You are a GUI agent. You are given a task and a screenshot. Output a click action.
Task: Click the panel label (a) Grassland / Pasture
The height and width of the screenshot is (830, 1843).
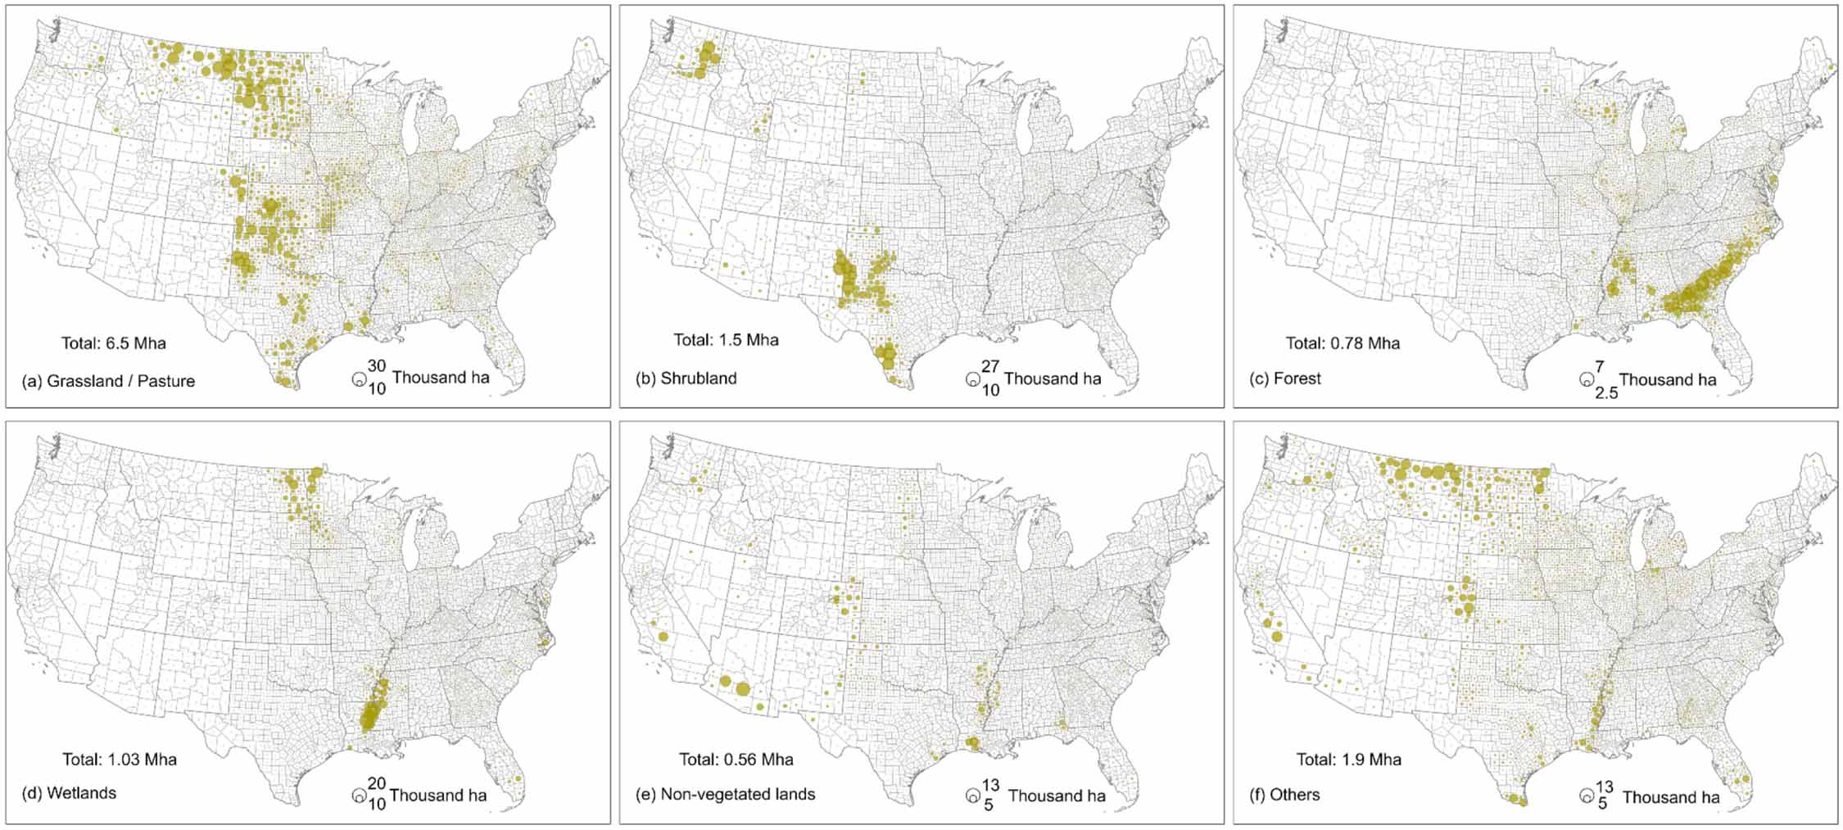click(x=108, y=381)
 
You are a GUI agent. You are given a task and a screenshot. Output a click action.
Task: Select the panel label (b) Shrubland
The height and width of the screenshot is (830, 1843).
click(x=686, y=379)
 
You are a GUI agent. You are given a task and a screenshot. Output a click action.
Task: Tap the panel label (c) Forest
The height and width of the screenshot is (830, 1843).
click(x=1285, y=379)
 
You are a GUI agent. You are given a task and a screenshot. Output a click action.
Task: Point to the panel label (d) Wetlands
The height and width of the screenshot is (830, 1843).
click(x=69, y=793)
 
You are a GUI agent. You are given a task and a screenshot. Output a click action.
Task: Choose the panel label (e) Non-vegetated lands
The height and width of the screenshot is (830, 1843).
click(x=726, y=794)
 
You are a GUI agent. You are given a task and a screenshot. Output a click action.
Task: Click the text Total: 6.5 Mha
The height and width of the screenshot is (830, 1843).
click(x=113, y=343)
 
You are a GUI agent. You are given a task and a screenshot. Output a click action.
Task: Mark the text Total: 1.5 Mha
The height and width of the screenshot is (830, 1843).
click(x=726, y=340)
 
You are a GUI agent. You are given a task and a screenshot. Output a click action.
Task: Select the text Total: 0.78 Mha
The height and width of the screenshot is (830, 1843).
click(x=1343, y=343)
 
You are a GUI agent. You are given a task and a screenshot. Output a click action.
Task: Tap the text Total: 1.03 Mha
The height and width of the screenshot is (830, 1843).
click(x=120, y=760)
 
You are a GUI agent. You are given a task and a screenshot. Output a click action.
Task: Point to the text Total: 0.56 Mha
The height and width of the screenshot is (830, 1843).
click(x=736, y=760)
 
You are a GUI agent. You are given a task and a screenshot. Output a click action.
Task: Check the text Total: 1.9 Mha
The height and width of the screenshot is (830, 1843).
click(x=1348, y=760)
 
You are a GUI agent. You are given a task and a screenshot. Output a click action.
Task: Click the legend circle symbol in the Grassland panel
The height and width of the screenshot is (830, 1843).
click(x=358, y=379)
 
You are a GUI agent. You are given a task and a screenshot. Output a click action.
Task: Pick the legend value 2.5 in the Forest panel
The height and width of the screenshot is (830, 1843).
click(x=1606, y=392)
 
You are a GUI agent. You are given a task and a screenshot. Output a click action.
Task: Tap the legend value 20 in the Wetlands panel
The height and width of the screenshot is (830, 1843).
click(x=376, y=783)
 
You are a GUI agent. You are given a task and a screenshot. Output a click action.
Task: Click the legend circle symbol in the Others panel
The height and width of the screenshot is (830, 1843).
click(x=1587, y=796)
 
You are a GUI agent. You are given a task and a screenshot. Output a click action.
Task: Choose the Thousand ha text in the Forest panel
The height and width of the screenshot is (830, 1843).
click(x=1668, y=379)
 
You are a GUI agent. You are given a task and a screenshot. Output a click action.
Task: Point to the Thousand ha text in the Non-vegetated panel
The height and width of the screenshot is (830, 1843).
click(x=1057, y=796)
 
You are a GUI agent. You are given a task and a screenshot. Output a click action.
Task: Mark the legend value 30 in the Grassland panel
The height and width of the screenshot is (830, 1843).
click(x=376, y=365)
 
